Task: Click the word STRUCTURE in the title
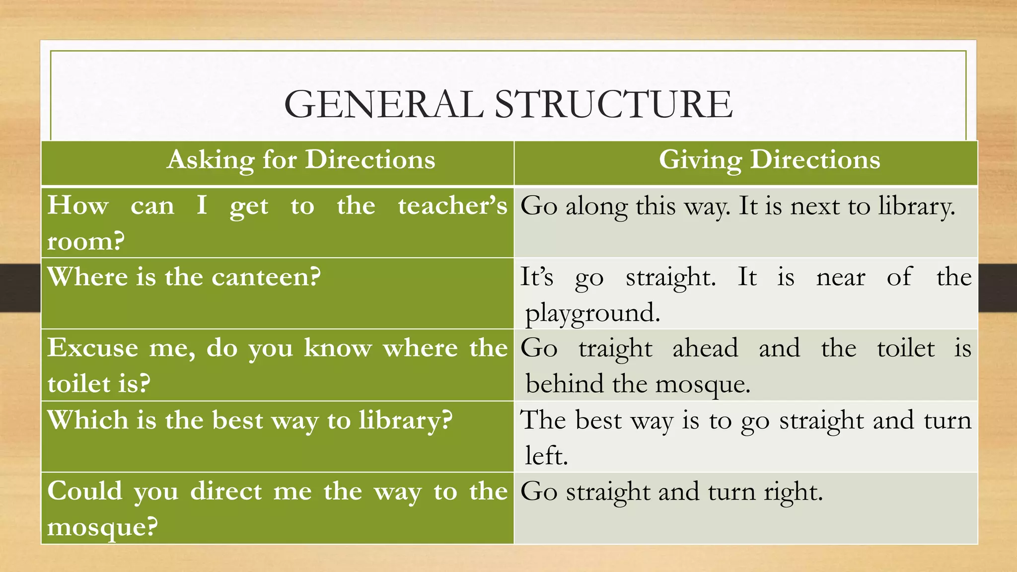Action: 613,104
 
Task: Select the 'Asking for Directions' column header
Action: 301,160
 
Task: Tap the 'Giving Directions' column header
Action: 769,160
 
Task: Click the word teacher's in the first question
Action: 452,206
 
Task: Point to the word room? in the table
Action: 86,241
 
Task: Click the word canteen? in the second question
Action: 266,277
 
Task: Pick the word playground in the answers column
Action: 592,313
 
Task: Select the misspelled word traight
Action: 615,348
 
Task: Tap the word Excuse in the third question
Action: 93,348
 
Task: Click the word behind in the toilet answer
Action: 565,384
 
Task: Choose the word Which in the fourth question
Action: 88,420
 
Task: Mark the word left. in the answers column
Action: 546,455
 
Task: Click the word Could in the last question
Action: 84,491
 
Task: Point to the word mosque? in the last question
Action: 102,527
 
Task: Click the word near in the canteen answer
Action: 841,277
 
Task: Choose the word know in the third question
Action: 338,348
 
